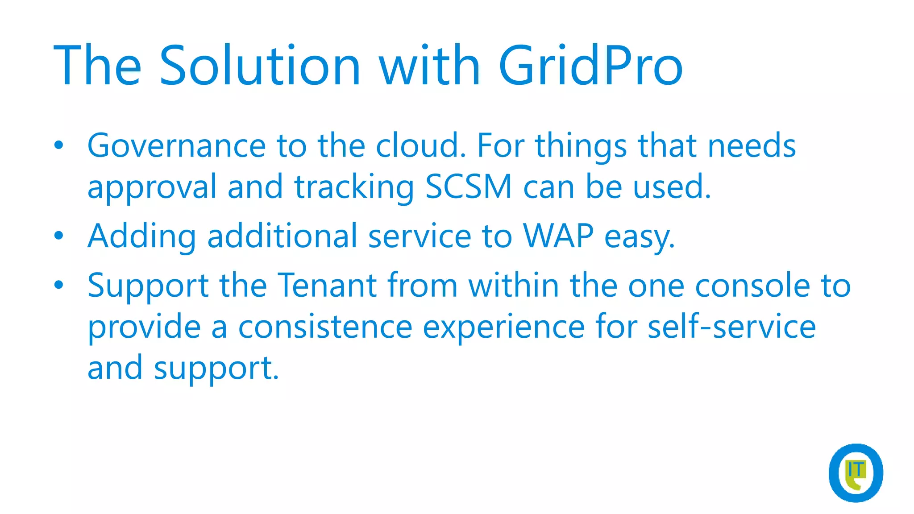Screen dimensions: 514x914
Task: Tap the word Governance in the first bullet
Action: pyautogui.click(x=177, y=146)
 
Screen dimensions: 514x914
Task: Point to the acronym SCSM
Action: pyautogui.click(x=468, y=187)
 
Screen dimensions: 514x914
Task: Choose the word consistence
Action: pyautogui.click(x=325, y=327)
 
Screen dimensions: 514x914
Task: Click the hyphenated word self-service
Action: pyautogui.click(x=731, y=327)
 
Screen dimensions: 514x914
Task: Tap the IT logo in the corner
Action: pyautogui.click(x=856, y=473)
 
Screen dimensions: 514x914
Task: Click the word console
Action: pyautogui.click(x=752, y=285)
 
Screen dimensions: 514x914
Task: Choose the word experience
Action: pyautogui.click(x=503, y=327)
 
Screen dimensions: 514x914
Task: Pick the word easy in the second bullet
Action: pyautogui.click(x=639, y=236)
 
